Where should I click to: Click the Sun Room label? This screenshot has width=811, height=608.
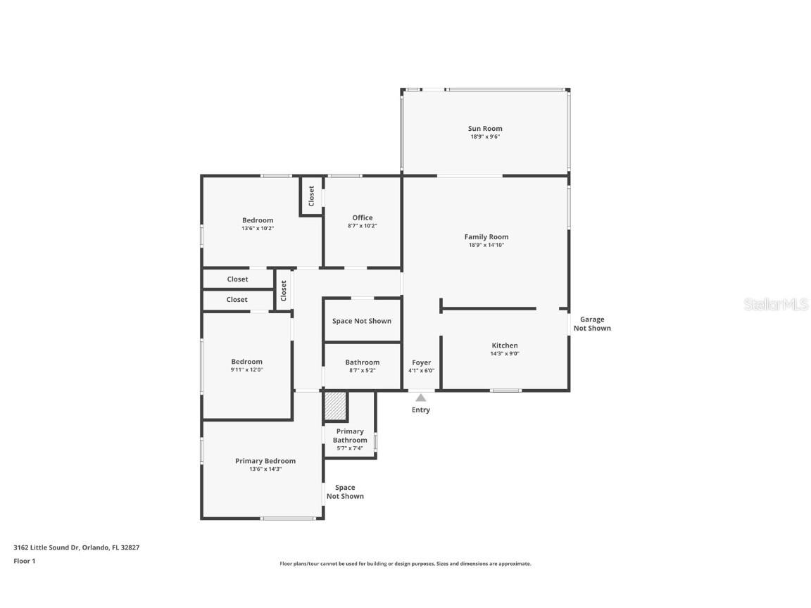[x=485, y=129]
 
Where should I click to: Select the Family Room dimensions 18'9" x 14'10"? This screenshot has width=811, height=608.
[x=486, y=245]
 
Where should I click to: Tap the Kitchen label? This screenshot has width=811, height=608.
[x=504, y=346]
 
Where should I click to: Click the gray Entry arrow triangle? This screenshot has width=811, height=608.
[x=420, y=398]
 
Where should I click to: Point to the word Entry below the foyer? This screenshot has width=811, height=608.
[x=420, y=410]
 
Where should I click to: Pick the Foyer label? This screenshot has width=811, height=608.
[x=421, y=362]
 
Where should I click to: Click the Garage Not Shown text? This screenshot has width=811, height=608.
[x=592, y=324]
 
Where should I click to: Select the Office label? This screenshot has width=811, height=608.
[x=363, y=217]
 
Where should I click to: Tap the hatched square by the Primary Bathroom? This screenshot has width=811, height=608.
[x=336, y=405]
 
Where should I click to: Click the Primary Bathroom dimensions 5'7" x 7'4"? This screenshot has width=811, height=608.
[x=350, y=448]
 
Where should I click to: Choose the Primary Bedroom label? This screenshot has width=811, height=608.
[x=265, y=461]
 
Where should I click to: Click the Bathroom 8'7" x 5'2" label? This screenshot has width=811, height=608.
[x=362, y=362]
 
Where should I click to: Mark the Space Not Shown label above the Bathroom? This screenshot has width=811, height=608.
[x=362, y=321]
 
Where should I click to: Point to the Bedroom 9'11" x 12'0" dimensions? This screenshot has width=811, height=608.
[x=246, y=369]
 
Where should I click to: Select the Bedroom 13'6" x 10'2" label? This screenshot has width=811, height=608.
[x=258, y=220]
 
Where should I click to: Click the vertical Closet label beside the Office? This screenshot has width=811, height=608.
[x=311, y=196]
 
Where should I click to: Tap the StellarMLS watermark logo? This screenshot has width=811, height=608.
[x=775, y=305]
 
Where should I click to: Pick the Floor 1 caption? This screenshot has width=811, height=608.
[x=24, y=561]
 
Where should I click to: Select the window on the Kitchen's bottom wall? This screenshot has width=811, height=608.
[x=506, y=390]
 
